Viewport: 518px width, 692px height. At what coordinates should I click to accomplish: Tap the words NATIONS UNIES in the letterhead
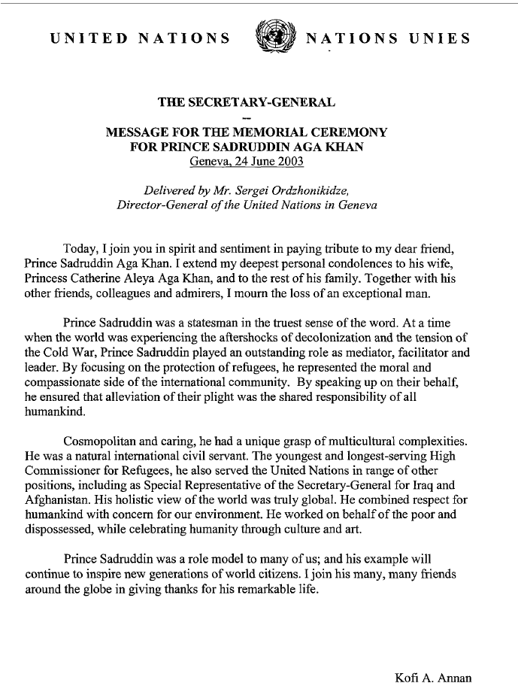coord(389,38)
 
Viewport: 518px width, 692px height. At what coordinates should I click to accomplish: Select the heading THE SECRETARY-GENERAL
coord(246,102)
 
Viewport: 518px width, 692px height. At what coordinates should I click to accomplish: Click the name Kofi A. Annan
coord(433,678)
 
